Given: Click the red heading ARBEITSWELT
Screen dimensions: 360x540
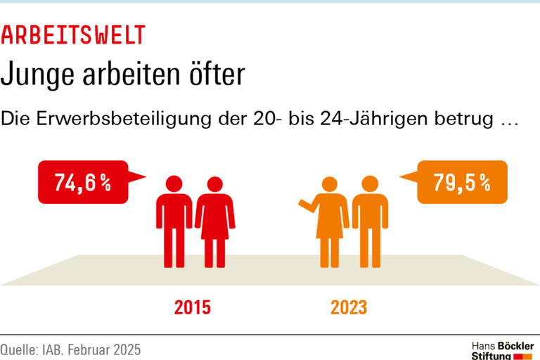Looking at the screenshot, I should (73, 34).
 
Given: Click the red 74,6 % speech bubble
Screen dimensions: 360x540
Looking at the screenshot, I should (83, 183).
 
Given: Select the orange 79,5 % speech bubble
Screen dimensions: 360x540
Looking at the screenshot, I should (461, 183).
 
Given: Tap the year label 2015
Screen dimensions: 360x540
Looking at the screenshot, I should (192, 308).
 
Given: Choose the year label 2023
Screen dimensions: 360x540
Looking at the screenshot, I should (349, 308).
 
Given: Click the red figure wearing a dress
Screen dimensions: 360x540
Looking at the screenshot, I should (214, 221).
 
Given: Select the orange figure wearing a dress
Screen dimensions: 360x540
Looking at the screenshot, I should (330, 221).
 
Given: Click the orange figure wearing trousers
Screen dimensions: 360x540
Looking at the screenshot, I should (370, 221).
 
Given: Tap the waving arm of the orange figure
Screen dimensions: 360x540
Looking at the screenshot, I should (307, 205).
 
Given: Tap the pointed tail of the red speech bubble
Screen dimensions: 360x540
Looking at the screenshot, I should (138, 176).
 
